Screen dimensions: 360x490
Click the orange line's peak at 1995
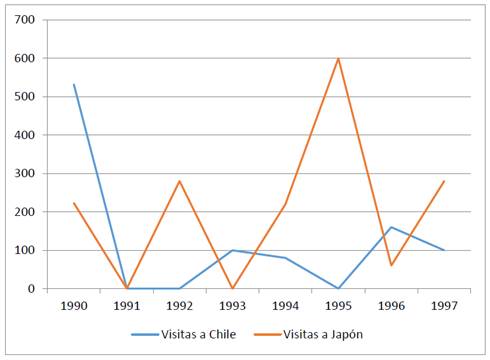(x=338, y=58)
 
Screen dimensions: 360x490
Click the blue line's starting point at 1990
(x=74, y=85)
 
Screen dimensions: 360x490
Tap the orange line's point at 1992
(x=180, y=181)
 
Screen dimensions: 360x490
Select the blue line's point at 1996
(x=391, y=227)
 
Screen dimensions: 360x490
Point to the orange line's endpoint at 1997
(x=444, y=181)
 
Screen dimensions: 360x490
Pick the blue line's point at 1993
(x=232, y=250)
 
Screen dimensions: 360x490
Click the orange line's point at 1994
(x=285, y=204)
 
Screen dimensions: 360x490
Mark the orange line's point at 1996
(x=391, y=265)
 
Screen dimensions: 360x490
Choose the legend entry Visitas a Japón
(x=309, y=333)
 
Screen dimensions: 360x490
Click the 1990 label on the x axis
(x=74, y=307)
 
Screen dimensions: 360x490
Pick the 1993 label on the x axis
(x=232, y=307)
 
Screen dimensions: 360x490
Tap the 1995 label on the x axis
(x=338, y=307)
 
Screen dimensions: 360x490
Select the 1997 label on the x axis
(x=444, y=307)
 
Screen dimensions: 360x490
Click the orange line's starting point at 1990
(x=74, y=203)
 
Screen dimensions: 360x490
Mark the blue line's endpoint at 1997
(x=444, y=250)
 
